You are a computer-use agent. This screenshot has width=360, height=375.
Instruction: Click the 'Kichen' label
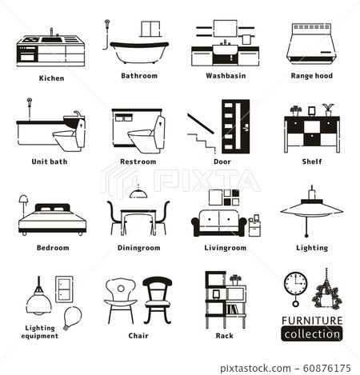(51, 78)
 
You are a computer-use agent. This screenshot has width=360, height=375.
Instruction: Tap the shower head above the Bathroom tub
(107, 22)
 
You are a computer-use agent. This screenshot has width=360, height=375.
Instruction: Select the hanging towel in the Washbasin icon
(246, 40)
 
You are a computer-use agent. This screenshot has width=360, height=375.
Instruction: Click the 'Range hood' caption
(312, 76)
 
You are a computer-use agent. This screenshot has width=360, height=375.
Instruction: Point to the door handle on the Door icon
(246, 129)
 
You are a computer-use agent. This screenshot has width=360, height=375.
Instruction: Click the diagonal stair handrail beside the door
(201, 124)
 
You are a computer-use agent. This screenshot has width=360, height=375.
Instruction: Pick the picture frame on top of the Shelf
(311, 111)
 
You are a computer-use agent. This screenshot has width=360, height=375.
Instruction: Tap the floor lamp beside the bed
(23, 205)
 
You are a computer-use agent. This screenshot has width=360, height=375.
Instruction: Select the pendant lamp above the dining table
(138, 192)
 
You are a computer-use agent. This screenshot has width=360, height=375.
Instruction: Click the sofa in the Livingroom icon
(219, 223)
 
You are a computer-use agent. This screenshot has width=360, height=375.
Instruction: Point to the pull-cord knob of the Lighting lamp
(306, 236)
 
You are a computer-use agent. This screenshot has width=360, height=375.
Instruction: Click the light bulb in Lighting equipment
(72, 317)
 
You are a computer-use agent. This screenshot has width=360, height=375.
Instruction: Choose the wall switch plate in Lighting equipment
(64, 289)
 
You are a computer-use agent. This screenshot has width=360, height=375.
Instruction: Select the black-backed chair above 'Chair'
(158, 300)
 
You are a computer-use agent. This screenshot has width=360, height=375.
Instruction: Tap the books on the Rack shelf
(232, 309)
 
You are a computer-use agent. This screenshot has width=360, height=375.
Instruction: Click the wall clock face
(295, 283)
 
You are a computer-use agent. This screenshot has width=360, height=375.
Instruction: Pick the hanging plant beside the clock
(327, 296)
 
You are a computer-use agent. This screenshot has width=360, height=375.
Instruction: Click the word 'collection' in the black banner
(312, 334)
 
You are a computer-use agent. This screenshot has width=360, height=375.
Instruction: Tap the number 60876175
(327, 369)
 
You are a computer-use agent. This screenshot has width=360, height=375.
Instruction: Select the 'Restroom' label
(138, 162)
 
